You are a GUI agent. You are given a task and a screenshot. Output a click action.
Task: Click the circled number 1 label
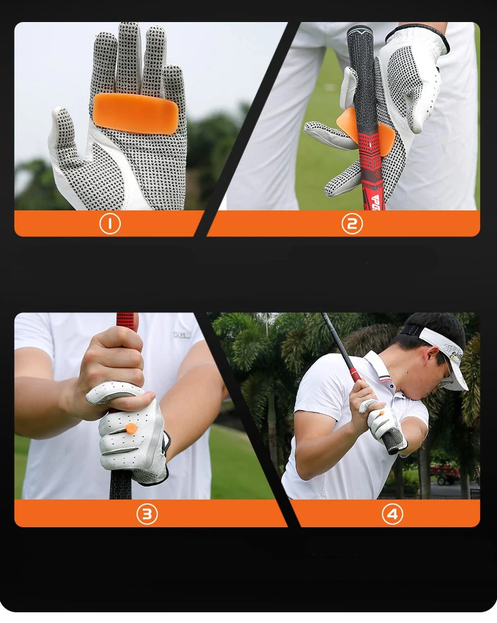coord(109,224)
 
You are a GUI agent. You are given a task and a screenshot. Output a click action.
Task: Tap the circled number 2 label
coord(352,224)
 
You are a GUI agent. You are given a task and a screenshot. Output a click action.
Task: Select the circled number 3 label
coord(147,514)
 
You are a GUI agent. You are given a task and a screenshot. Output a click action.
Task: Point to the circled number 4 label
coord(392,514)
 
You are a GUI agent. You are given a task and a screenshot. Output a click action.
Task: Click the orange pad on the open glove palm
coord(136,113)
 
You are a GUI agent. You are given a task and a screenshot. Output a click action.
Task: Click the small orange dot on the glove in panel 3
coord(131,428)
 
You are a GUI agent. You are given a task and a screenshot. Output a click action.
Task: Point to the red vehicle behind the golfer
coord(445,474)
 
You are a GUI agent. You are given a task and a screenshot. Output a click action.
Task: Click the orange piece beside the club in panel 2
coord(347,123)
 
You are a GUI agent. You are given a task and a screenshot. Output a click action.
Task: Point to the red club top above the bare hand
coord(126,321)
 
